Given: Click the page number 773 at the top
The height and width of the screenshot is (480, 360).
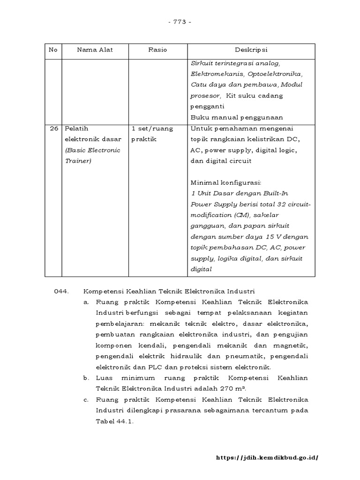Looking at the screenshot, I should pos(180,22).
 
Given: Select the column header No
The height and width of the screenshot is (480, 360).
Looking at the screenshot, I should pos(53,50).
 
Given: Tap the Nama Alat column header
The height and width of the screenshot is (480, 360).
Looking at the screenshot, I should pos(95,50).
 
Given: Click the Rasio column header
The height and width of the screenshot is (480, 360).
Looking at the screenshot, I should pos(157,50).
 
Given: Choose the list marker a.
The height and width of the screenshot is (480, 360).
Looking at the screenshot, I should pos(86,302).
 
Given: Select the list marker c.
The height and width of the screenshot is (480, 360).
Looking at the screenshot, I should pos(86,400).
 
